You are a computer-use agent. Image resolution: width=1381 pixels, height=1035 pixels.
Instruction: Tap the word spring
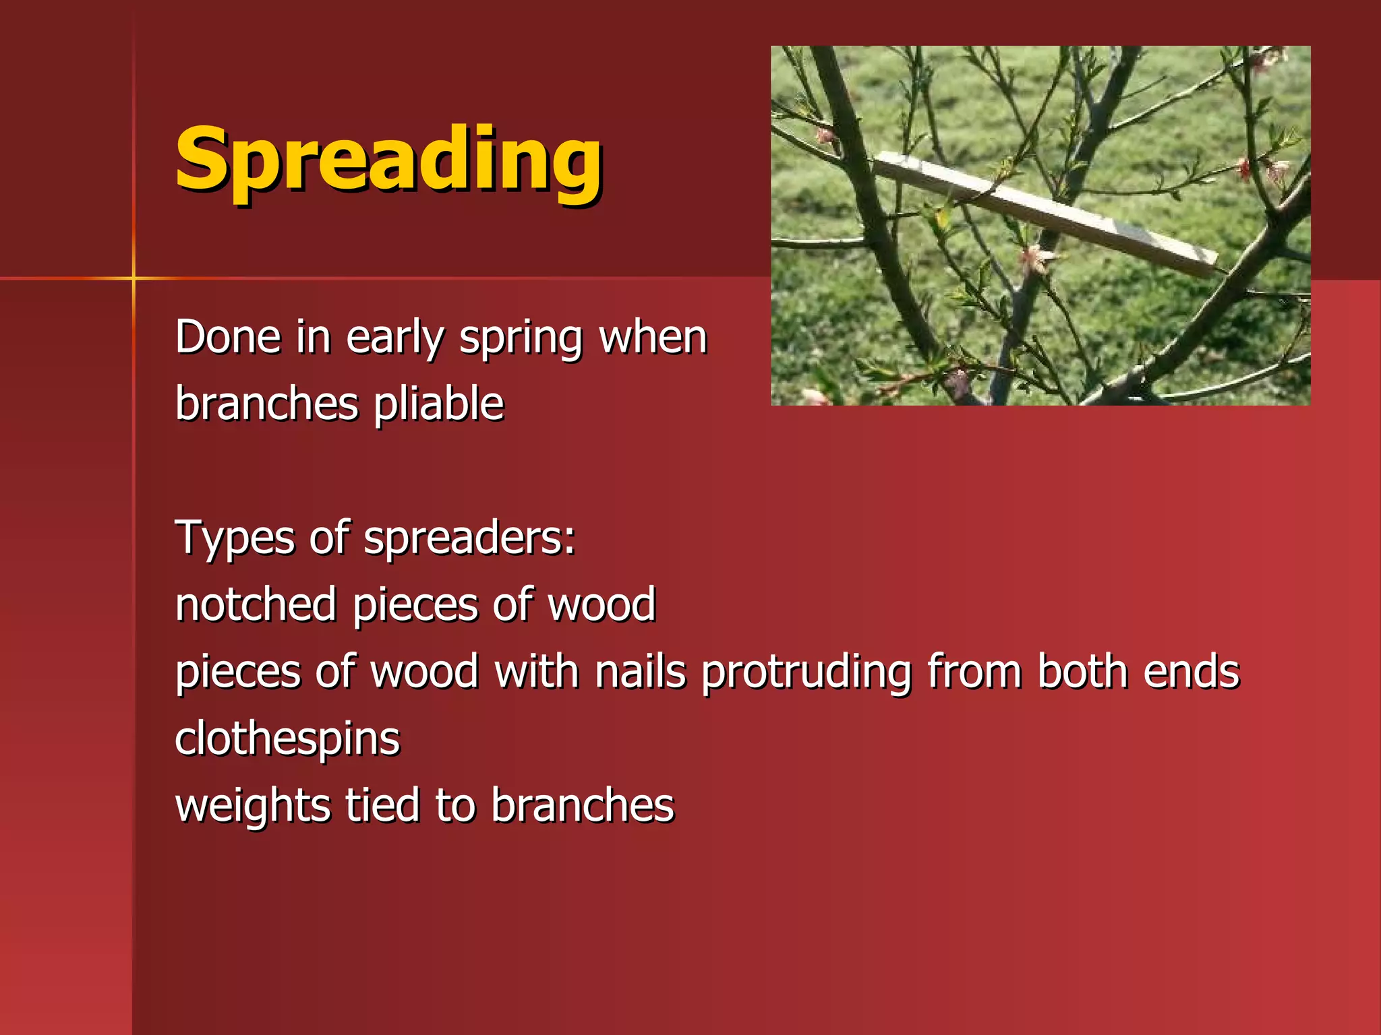pos(521,338)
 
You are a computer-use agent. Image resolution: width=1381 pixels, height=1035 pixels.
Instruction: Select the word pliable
pos(438,404)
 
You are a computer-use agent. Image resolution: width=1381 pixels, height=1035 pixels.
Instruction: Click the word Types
pos(235,538)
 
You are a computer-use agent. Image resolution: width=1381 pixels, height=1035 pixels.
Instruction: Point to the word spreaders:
pos(469,538)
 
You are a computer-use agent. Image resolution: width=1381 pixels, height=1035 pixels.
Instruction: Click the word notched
pos(256,604)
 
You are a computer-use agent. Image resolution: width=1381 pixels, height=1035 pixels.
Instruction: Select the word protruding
pos(806,672)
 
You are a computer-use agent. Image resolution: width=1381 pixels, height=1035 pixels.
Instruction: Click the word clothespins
pos(287,739)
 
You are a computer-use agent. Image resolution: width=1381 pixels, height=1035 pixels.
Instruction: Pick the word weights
pos(253,806)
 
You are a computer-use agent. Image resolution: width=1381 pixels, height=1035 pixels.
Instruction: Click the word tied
pos(382,805)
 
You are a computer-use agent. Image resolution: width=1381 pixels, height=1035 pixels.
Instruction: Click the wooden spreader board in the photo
pos(1045,213)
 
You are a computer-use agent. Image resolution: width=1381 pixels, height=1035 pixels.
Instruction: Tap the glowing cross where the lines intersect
pos(134,278)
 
